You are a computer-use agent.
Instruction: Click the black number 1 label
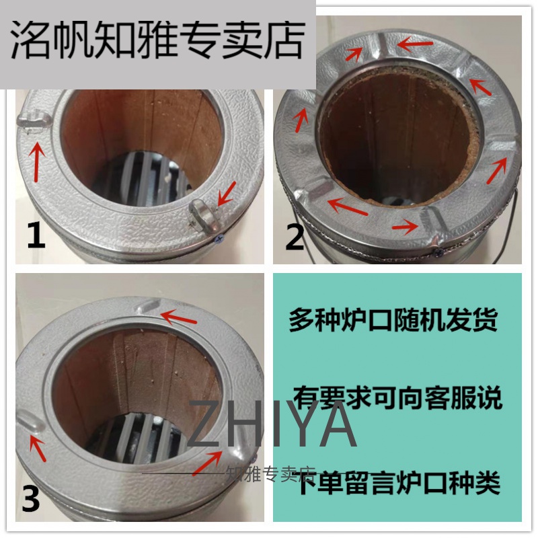pos(36,235)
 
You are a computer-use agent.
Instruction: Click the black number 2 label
pos(295,237)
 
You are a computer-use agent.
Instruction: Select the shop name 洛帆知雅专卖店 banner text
pos(157,40)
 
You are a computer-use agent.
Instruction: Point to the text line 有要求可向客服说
pos(398,397)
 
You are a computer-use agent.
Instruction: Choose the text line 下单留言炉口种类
pos(398,482)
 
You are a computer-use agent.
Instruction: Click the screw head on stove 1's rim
pos(219,239)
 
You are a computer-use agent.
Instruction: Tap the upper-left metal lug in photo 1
pos(34,121)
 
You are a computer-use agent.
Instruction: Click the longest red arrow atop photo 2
pos(415,44)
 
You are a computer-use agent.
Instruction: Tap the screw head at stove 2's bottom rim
pos(439,252)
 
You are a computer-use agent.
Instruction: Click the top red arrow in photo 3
pos(178,317)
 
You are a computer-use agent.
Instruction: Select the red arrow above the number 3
pos(38,447)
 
